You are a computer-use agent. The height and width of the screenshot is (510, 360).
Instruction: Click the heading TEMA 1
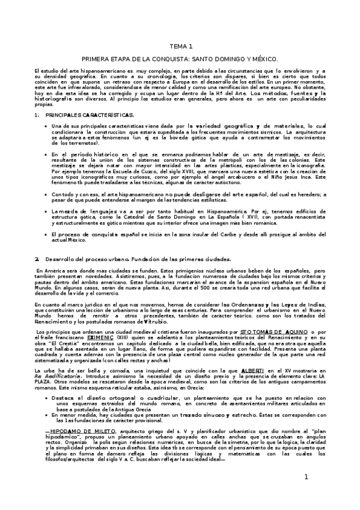pos(180,46)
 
